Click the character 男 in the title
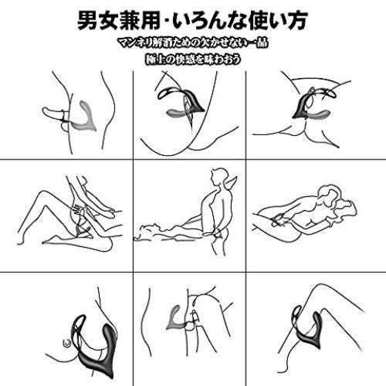[x=88, y=20]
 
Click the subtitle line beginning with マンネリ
[x=193, y=43]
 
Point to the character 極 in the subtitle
[x=151, y=59]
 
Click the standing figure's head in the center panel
[x=218, y=177]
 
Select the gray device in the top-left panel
[x=84, y=118]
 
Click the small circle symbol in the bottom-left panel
[x=67, y=343]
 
